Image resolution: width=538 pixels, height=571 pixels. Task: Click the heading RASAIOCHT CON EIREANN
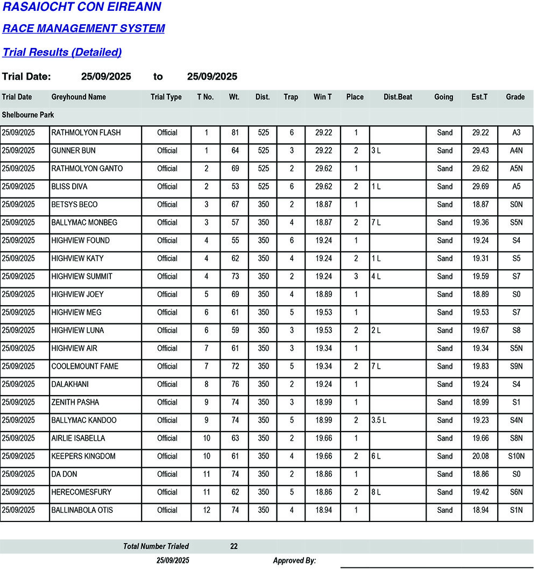(82, 8)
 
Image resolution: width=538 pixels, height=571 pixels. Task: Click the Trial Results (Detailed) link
(62, 52)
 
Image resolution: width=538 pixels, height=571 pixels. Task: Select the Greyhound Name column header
(79, 97)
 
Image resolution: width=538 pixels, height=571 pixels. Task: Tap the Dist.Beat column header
(398, 97)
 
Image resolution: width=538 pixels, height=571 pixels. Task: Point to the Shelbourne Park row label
(28, 115)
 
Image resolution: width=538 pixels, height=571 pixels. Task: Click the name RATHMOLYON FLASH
(86, 133)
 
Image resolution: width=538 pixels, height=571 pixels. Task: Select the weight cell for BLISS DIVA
(235, 187)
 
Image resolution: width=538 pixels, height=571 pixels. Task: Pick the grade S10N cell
(516, 456)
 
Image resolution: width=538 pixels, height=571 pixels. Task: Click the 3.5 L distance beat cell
(379, 420)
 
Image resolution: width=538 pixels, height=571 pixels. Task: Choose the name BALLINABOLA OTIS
(82, 510)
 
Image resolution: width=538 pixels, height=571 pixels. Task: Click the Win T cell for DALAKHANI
(323, 384)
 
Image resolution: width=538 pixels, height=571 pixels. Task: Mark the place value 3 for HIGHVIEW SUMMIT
(355, 277)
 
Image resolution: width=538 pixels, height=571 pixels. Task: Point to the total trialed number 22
(234, 546)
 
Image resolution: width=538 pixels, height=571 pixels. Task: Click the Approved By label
(294, 561)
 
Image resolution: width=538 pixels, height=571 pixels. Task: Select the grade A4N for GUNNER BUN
(516, 151)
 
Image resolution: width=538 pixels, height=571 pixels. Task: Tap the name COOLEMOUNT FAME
(85, 366)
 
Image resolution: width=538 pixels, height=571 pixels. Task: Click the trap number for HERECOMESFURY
(292, 492)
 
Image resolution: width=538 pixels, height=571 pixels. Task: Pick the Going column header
(444, 97)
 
